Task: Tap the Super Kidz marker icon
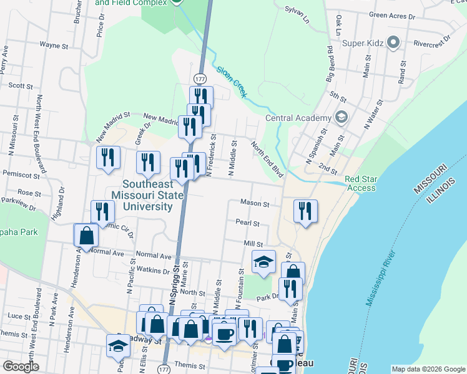click(393, 43)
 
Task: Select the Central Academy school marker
click(342, 117)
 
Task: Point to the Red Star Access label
click(361, 183)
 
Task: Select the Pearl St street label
click(247, 223)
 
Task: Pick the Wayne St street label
click(54, 45)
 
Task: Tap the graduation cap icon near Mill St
click(263, 262)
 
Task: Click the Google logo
click(21, 367)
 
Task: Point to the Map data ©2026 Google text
click(428, 369)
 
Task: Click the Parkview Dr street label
click(20, 201)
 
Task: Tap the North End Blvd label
click(268, 159)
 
